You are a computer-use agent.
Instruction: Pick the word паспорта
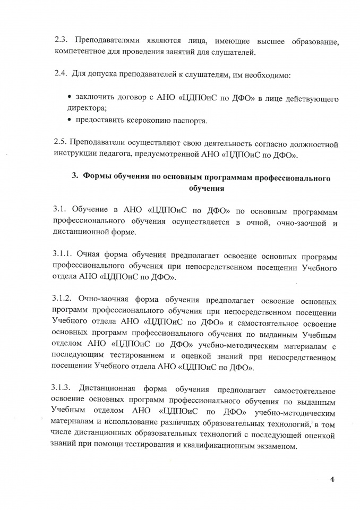(x=195, y=120)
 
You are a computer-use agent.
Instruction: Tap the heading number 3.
(x=75, y=177)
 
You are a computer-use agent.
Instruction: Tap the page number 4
(x=332, y=481)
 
